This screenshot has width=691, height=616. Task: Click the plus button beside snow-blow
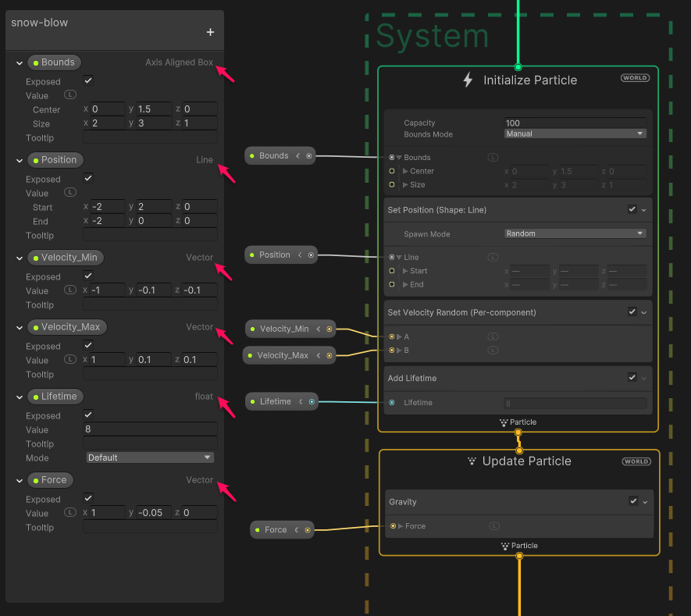click(210, 32)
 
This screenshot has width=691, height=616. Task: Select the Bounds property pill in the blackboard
click(54, 62)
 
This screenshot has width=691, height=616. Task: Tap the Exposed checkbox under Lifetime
click(88, 415)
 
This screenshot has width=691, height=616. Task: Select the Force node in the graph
click(276, 529)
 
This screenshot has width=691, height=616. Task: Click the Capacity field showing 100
click(575, 123)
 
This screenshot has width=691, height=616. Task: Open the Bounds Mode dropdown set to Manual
click(575, 134)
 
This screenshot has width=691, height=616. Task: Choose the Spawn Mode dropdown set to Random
click(575, 233)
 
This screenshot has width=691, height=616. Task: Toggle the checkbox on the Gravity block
click(633, 501)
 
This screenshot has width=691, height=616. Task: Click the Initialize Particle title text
click(530, 80)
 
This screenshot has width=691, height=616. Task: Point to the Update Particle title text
click(526, 461)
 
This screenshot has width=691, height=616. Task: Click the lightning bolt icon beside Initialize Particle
click(468, 80)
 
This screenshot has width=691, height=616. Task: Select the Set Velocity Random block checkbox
click(632, 312)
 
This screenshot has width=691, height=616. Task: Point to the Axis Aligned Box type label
click(179, 62)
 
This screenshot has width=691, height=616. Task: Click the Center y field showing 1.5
click(153, 109)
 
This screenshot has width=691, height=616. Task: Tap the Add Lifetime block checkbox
click(632, 377)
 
